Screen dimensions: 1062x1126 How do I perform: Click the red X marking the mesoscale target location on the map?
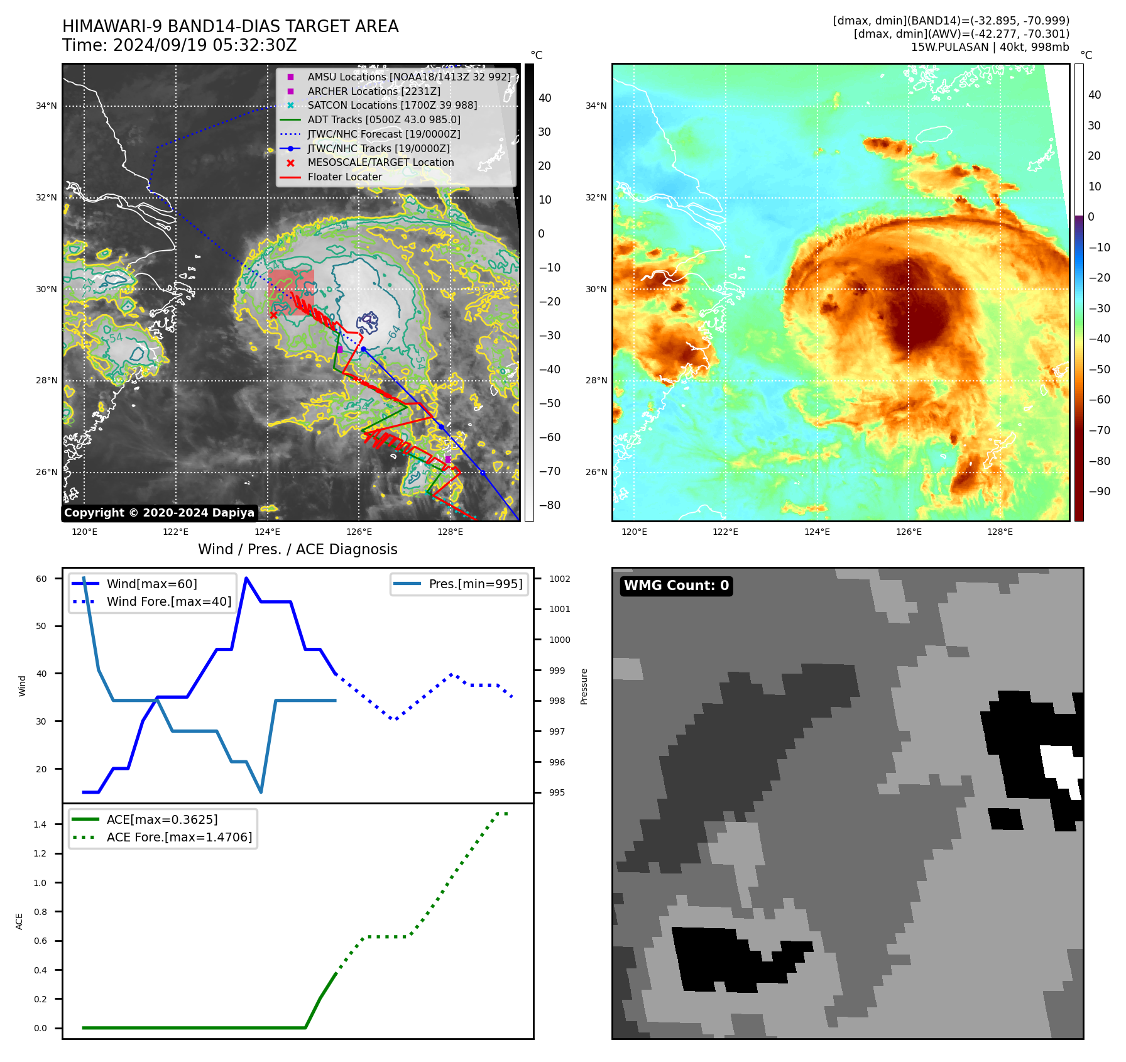[x=273, y=315]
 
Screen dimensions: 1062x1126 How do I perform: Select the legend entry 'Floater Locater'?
[x=344, y=177]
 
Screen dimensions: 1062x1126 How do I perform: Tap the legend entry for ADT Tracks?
[x=383, y=119]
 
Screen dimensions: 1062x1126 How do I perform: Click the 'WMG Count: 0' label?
[x=676, y=586]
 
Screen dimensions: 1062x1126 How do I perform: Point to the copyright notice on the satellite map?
[x=159, y=513]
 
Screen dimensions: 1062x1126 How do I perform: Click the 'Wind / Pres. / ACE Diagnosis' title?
[x=298, y=550]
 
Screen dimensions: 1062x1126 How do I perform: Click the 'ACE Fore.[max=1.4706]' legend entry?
[x=179, y=837]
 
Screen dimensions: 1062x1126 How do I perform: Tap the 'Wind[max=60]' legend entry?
[x=151, y=584]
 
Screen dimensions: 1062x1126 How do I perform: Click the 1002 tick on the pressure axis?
[x=559, y=579]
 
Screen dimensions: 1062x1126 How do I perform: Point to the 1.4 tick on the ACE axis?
[x=40, y=824]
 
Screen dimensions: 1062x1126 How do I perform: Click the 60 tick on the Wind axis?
[x=41, y=579]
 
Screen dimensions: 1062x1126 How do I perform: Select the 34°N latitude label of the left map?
[x=46, y=106]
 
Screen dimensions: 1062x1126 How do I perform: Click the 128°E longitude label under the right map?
[x=1000, y=532]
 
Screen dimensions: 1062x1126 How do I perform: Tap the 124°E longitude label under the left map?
[x=267, y=532]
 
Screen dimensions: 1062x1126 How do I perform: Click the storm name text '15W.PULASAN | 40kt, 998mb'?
[x=990, y=47]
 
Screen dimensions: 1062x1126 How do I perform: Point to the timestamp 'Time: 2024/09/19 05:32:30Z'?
[x=179, y=46]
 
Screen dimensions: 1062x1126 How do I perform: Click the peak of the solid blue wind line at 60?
[x=246, y=578]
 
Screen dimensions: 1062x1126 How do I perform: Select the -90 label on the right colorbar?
[x=1099, y=491]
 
